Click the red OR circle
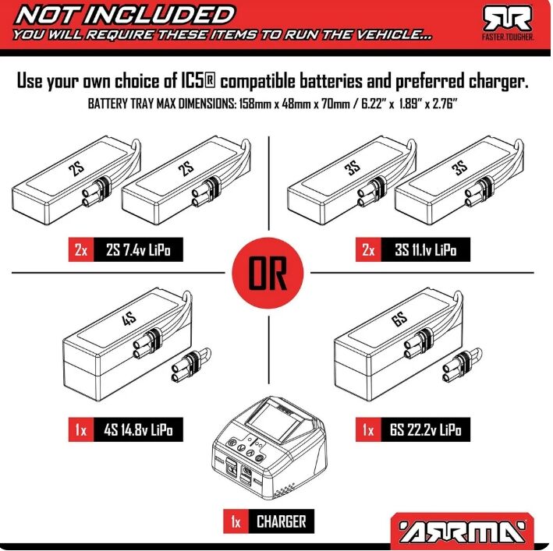[268, 273]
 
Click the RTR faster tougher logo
[508, 23]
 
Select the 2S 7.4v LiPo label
[138, 250]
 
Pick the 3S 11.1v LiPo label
[425, 250]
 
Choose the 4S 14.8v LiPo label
[138, 429]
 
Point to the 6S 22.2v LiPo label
[425, 429]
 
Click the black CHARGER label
[281, 521]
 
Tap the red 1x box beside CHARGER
[236, 521]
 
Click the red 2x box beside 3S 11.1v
[368, 250]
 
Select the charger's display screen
[277, 422]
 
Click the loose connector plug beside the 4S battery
[190, 367]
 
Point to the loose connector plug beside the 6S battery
[462, 367]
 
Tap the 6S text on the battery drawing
[399, 319]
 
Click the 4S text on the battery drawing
[129, 319]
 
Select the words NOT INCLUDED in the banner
[125, 15]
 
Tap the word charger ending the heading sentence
[498, 82]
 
